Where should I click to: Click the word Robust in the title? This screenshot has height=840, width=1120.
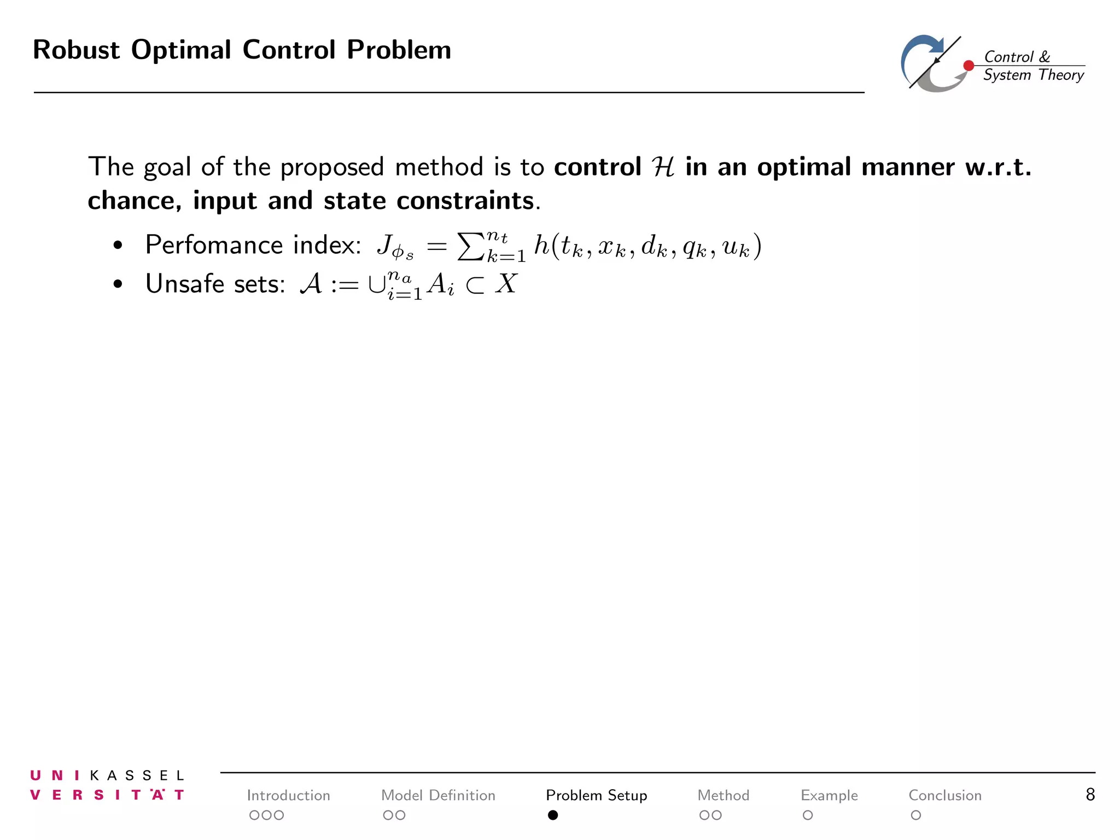pos(76,50)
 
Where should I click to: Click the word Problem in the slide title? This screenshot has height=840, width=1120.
pos(399,50)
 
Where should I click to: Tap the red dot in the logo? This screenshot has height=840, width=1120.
pos(969,66)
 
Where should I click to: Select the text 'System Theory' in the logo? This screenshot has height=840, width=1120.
pos(1033,75)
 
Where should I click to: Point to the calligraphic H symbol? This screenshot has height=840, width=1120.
pos(663,167)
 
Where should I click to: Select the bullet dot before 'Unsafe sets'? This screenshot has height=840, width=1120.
pos(118,285)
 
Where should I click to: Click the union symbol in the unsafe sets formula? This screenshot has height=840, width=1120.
pos(376,285)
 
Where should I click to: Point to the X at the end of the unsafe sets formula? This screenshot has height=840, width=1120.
pos(506,284)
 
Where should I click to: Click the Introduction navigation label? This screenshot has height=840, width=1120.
pos(288,795)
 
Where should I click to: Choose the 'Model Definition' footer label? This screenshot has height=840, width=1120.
pos(438,795)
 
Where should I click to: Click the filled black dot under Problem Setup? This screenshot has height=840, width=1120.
pos(553,815)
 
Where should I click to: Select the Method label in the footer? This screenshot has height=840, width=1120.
pos(723,795)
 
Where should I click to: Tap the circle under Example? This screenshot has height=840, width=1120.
pos(808,815)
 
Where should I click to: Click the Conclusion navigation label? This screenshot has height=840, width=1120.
pos(945,795)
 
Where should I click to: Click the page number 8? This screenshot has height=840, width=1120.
pos(1090,795)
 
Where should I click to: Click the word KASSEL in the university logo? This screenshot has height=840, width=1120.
pos(137,775)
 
